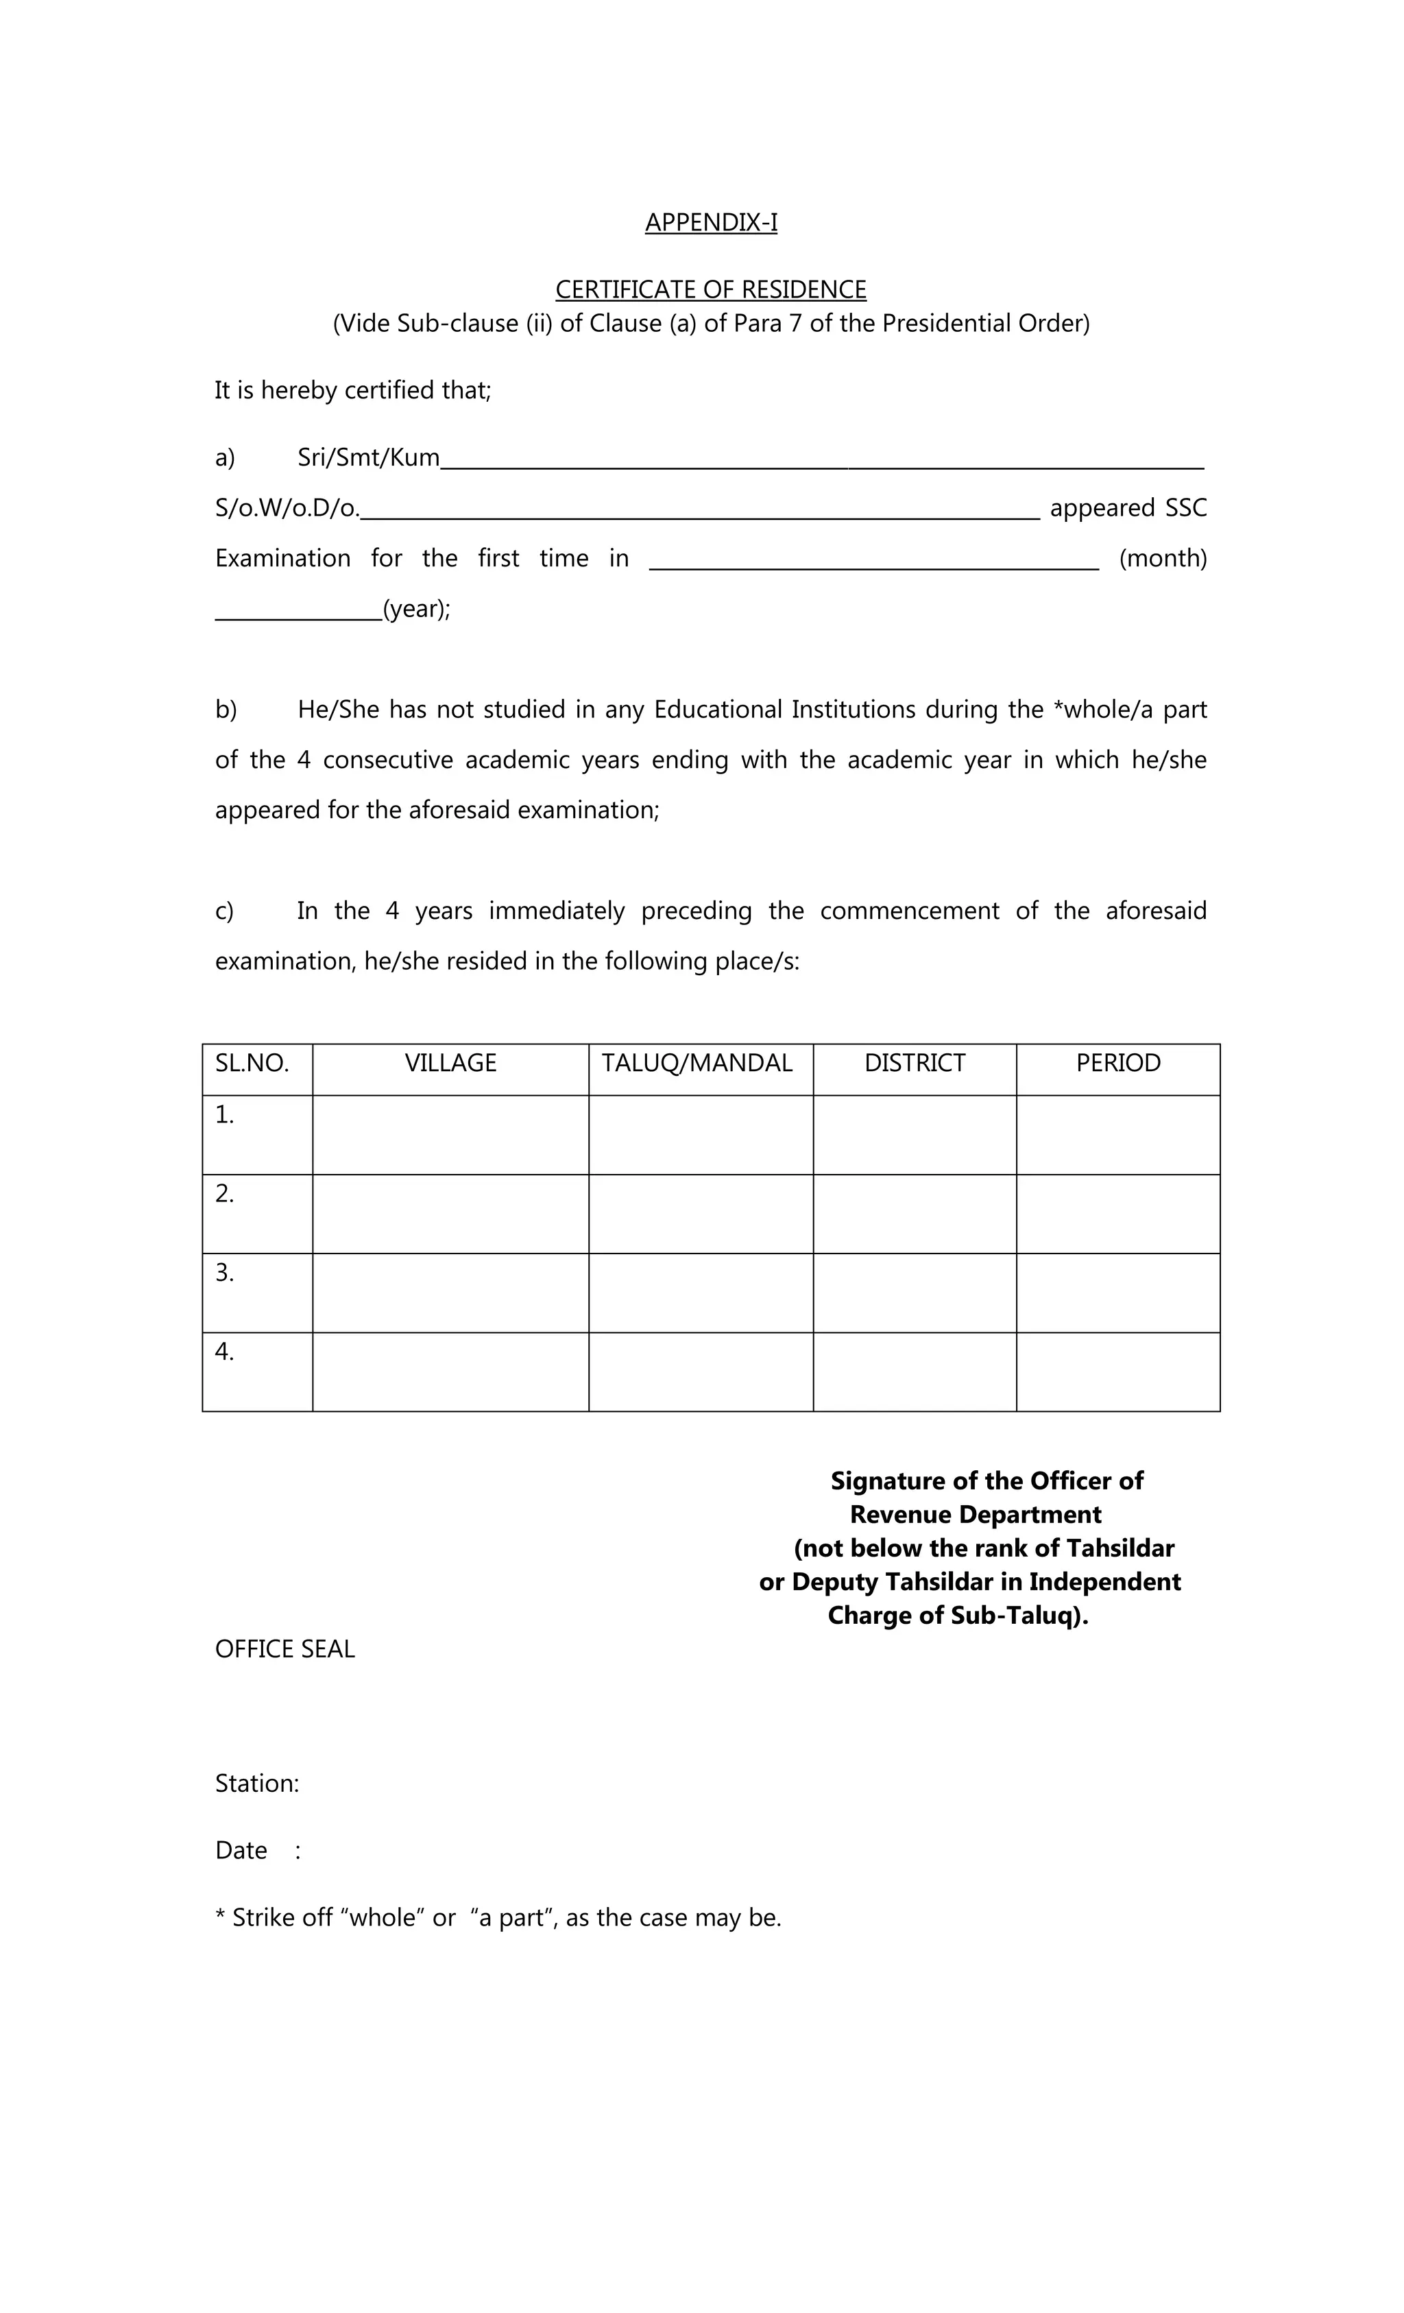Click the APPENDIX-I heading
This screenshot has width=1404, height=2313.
tap(710, 222)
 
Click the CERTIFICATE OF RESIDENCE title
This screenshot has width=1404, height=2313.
tap(710, 289)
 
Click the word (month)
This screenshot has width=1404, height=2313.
tap(1162, 559)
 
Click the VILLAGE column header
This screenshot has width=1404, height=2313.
tap(450, 1063)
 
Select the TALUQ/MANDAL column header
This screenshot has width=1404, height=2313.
tap(697, 1063)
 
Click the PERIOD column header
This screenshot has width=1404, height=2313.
tap(1117, 1063)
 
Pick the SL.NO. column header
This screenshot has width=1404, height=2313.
tap(252, 1063)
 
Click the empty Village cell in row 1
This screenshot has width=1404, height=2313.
tap(450, 1134)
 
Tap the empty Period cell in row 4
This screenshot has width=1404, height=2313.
tap(1117, 1371)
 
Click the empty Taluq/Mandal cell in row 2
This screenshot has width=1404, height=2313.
tap(700, 1213)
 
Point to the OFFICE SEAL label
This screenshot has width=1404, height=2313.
tap(285, 1649)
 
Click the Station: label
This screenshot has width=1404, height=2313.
tap(257, 1784)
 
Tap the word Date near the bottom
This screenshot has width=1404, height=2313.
tap(241, 1850)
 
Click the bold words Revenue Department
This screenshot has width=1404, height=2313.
tap(975, 1514)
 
